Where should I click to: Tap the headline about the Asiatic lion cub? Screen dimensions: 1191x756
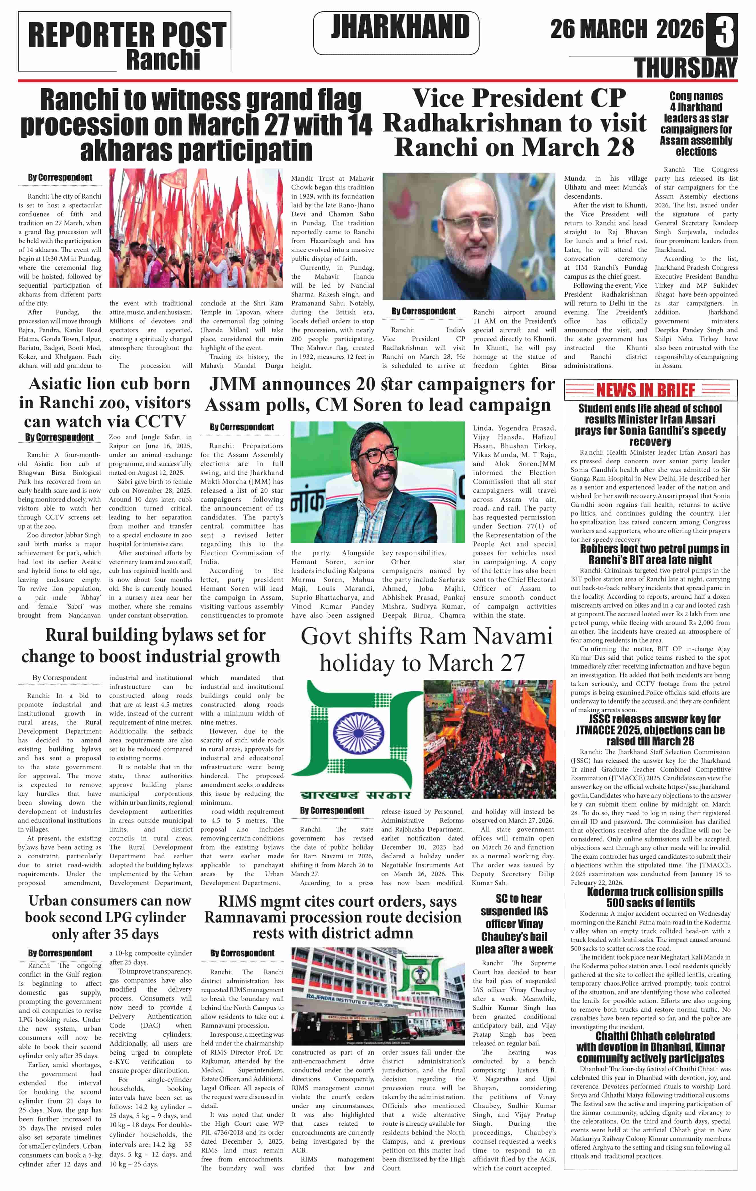coord(105,403)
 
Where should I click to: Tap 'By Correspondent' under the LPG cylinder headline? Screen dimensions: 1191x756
coord(60,953)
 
